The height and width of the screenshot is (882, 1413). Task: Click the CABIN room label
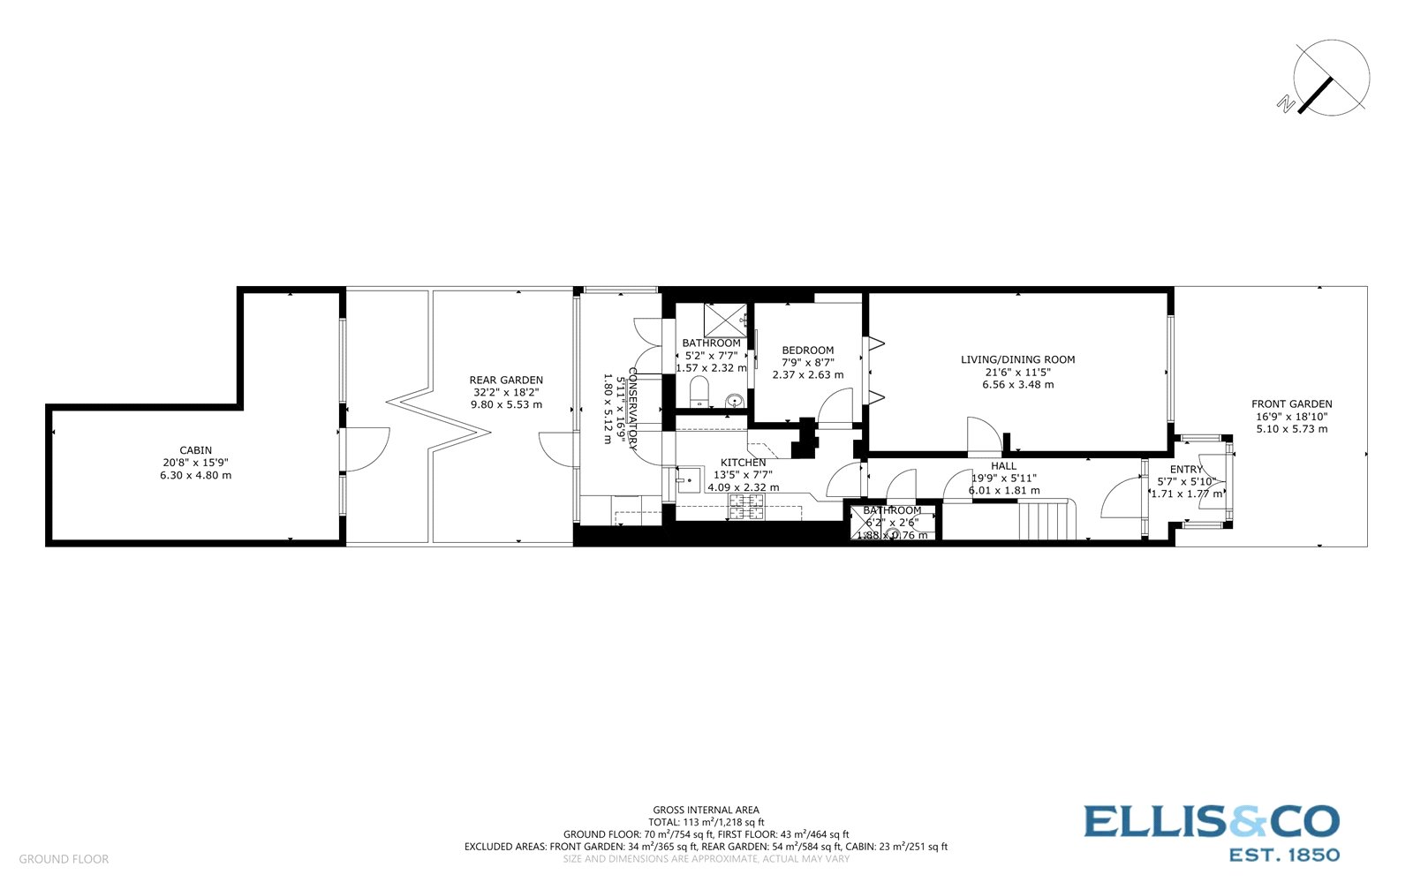196,450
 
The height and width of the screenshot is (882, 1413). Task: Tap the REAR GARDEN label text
506,381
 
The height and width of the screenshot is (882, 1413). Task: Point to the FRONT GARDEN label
1291,404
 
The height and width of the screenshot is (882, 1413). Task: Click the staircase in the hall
1047,519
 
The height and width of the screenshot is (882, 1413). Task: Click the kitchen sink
689,481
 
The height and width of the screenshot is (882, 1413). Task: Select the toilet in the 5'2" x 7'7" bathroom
698,391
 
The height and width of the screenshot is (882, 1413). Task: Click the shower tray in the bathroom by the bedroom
724,320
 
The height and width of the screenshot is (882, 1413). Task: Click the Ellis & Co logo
1211,831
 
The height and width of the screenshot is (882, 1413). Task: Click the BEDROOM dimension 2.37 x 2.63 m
807,374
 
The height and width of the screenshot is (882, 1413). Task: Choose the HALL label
1003,466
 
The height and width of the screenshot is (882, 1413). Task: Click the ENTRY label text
1186,470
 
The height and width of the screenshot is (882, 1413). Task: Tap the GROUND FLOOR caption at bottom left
64,859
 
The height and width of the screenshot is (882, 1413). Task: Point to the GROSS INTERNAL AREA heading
706,810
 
